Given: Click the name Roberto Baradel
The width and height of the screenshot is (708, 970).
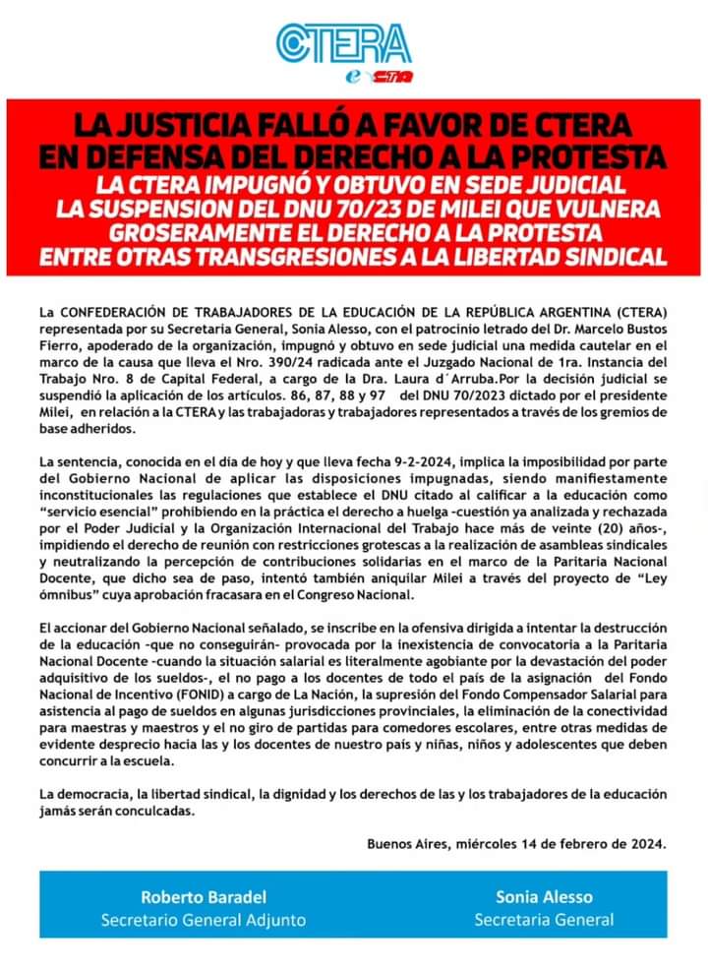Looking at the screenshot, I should click(203, 896).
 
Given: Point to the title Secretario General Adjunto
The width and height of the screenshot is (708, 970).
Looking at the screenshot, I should click(203, 920).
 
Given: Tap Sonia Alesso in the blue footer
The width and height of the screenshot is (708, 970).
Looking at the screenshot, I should click(543, 896).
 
